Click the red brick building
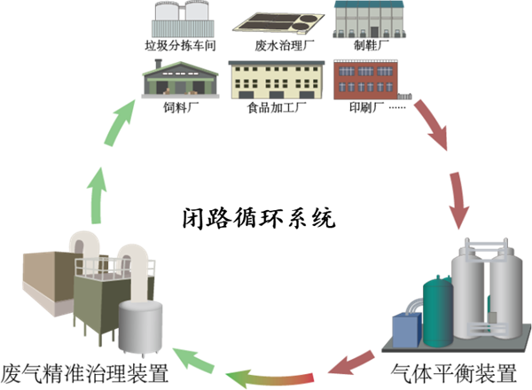click(365, 79)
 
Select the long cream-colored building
click(276, 79)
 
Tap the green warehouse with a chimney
click(180, 82)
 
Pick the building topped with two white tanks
click(184, 19)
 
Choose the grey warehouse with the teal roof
click(369, 19)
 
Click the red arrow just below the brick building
click(431, 123)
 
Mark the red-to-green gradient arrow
click(270, 379)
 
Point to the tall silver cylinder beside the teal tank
click(468, 297)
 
